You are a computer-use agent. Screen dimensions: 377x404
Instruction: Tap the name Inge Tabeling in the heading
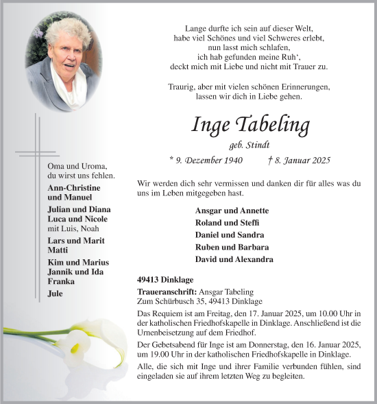coord(250,126)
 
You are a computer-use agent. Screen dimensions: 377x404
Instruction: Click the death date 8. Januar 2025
coord(299,161)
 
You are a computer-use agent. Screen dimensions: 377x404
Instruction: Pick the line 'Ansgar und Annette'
coord(232,211)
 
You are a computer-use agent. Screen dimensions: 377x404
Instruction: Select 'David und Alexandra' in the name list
coord(234,259)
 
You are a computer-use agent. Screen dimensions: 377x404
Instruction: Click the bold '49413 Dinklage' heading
coord(165,279)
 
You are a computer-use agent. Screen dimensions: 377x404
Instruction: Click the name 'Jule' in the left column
coord(56,294)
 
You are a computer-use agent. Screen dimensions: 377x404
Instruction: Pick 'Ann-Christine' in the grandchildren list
coord(74,188)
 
